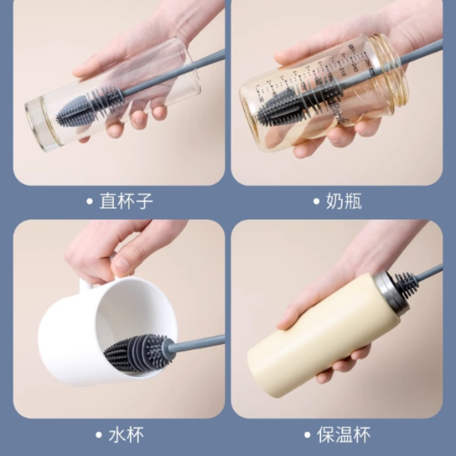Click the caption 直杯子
click(x=126, y=201)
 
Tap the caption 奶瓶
click(x=344, y=201)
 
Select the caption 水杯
click(x=126, y=435)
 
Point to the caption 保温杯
click(x=344, y=435)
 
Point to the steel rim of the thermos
click(x=390, y=294)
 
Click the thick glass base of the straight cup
click(x=41, y=124)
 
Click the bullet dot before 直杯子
click(x=90, y=201)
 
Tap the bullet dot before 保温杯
click(x=308, y=435)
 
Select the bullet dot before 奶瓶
click(x=316, y=201)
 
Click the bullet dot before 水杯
click(x=99, y=435)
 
